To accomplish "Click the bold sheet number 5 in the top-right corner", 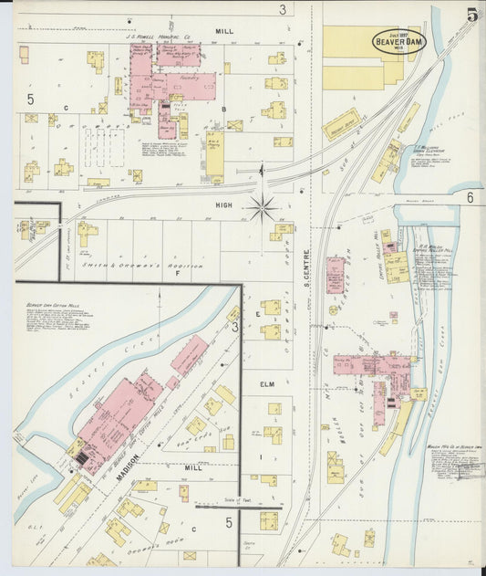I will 471,15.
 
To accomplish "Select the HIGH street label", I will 224,206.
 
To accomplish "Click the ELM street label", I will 267,385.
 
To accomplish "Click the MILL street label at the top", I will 224,31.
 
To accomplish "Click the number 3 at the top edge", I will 283,9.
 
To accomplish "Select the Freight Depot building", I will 341,124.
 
